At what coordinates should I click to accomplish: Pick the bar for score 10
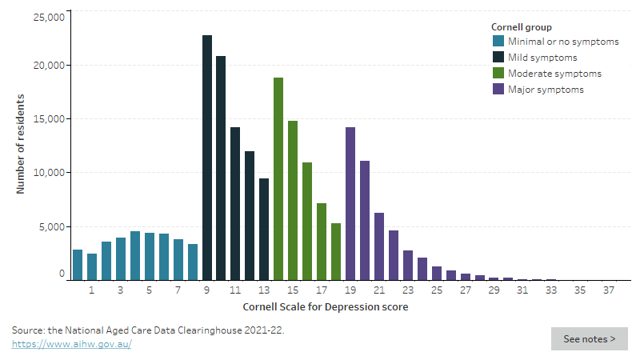point(221,168)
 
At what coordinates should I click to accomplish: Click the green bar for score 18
point(336,251)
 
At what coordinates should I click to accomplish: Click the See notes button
point(589,338)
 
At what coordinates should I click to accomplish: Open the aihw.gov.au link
point(72,344)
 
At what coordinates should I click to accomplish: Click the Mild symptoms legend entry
point(541,58)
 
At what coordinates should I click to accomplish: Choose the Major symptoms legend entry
point(545,90)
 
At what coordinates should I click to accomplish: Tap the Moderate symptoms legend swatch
point(498,74)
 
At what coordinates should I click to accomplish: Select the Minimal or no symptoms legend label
point(562,42)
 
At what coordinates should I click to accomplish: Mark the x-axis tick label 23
point(408,291)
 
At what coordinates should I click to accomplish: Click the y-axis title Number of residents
point(21,144)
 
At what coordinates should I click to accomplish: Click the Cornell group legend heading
point(521,27)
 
